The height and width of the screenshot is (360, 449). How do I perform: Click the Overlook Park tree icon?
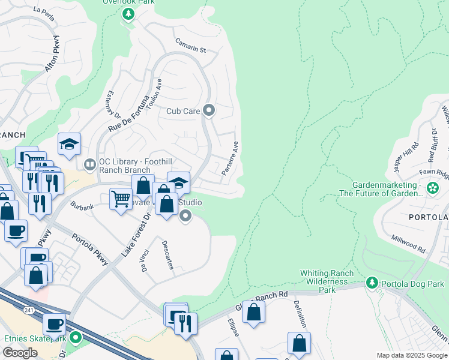point(128,14)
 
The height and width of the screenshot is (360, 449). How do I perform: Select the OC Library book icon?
point(89,164)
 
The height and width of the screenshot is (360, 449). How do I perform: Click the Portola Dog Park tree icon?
point(372,282)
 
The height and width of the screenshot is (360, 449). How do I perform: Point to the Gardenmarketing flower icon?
point(432,188)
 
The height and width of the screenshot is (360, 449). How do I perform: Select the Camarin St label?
point(190,46)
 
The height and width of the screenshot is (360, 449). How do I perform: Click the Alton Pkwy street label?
point(52,58)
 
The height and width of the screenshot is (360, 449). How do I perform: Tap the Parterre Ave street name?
point(230,158)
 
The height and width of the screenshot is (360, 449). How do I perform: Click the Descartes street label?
point(167,254)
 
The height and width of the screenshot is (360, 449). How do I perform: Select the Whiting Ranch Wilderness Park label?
point(326,281)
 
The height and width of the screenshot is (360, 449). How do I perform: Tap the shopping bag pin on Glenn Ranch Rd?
point(253,312)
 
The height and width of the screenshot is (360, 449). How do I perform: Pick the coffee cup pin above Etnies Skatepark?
point(54,324)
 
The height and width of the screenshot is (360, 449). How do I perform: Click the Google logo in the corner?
point(20,353)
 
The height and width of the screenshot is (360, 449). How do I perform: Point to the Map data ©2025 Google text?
point(411,355)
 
